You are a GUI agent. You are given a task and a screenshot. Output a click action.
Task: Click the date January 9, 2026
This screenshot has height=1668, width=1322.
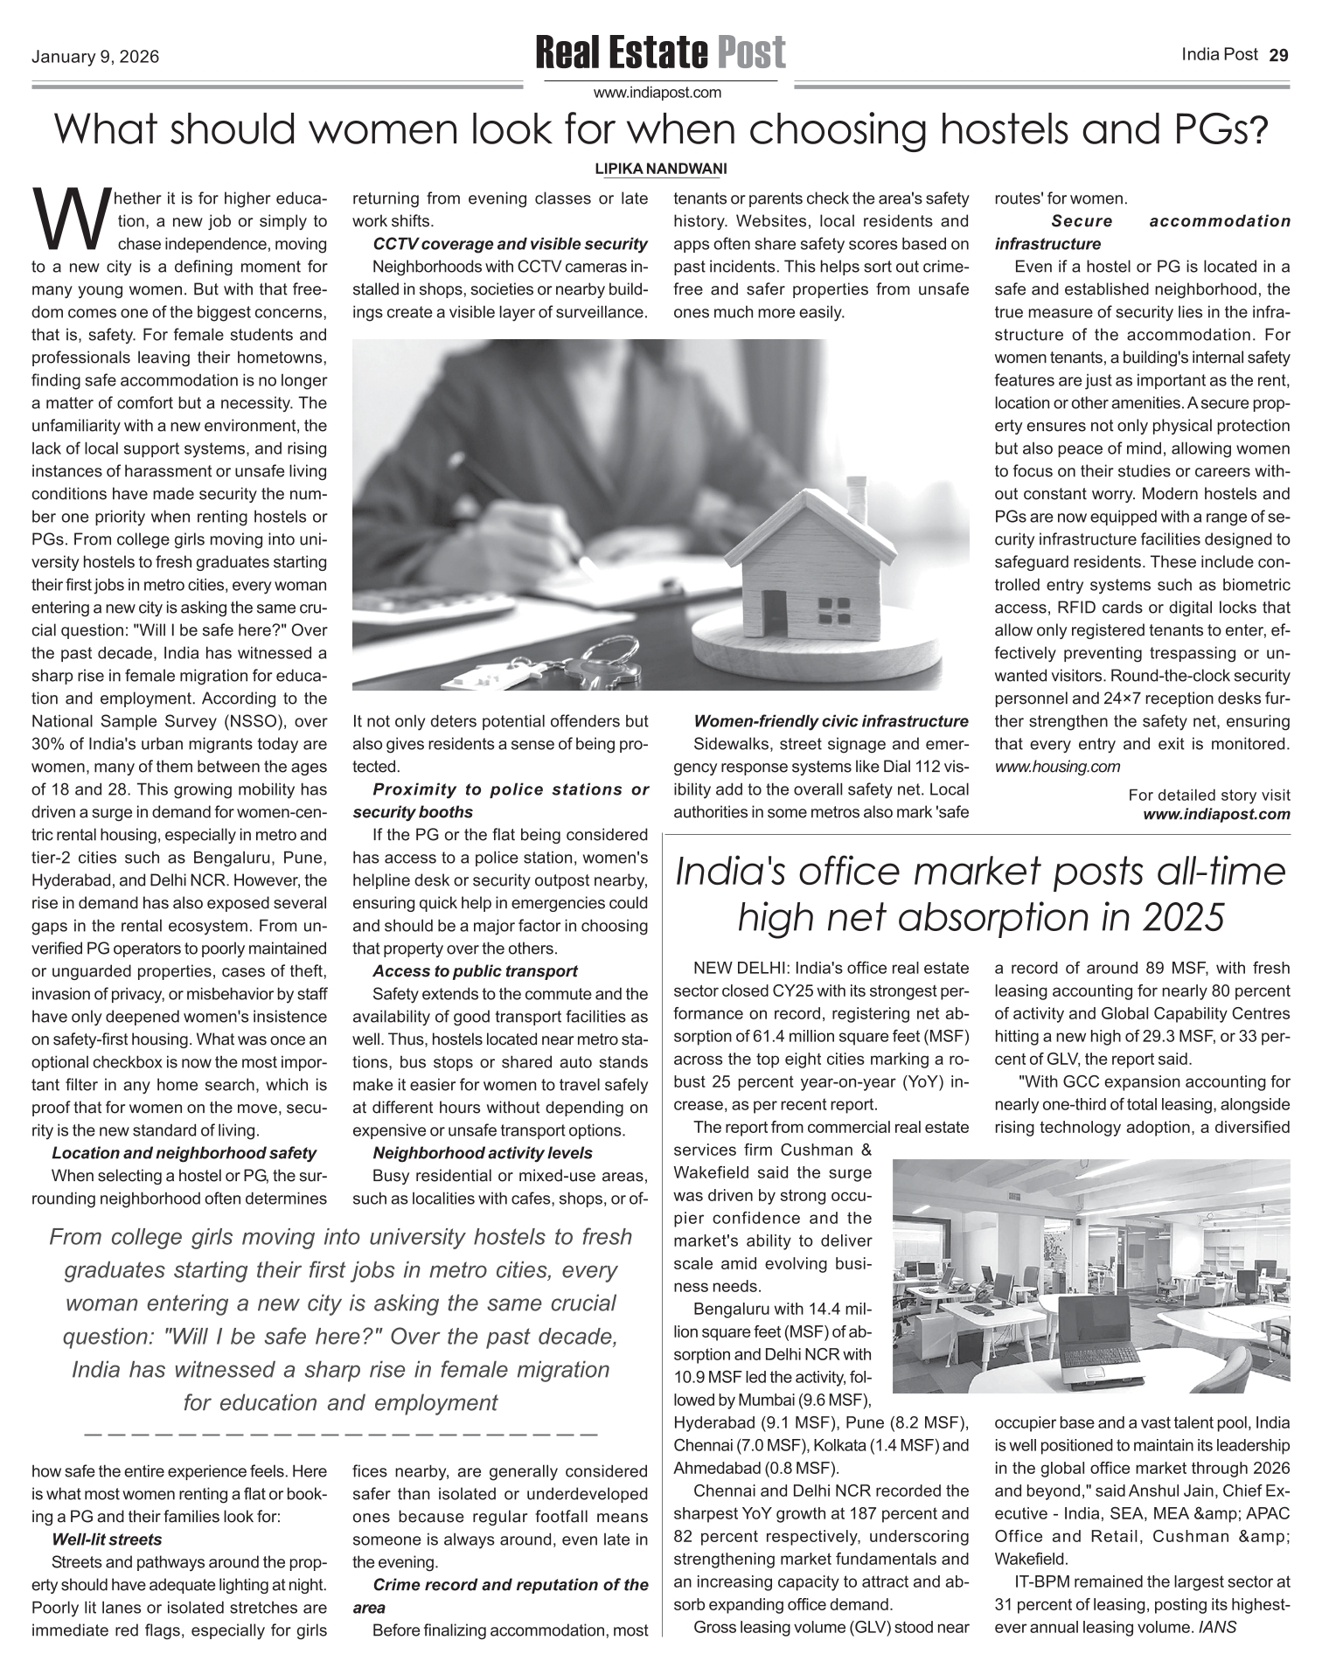pos(95,58)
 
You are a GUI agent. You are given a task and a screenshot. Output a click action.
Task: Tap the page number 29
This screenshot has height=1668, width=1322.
pos(1278,55)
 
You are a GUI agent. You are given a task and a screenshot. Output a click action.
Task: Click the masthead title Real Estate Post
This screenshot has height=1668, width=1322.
pos(660,52)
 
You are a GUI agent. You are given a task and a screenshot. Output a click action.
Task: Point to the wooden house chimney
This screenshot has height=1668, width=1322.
pos(857,496)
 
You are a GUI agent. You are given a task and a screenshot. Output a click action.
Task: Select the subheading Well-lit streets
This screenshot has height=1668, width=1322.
pos(107,1539)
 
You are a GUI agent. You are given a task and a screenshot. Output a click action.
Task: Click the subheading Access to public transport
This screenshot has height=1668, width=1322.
pos(475,971)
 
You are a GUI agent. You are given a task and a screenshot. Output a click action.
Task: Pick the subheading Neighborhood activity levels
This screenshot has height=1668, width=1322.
pos(482,1153)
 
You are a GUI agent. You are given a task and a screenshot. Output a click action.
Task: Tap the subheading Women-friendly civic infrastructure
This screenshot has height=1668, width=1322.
pos(831,721)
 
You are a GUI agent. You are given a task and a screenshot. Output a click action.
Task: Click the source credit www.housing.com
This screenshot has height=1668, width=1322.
pos(1057,767)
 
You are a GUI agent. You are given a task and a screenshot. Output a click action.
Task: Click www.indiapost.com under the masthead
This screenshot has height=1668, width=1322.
pos(658,92)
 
